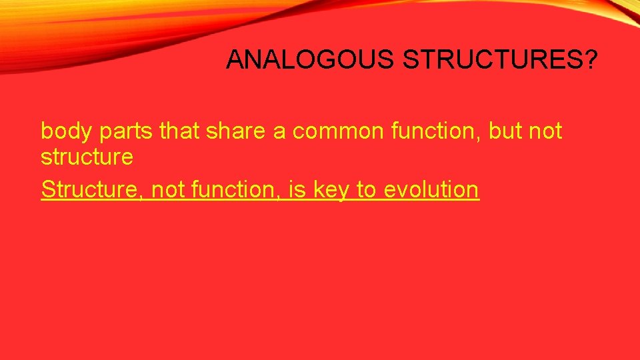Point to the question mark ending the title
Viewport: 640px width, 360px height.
click(x=591, y=60)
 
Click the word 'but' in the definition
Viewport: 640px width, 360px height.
click(x=506, y=131)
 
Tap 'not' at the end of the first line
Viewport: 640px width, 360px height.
click(x=546, y=131)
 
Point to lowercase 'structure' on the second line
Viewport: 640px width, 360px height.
click(x=87, y=158)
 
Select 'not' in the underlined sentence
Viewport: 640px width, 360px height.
click(x=168, y=190)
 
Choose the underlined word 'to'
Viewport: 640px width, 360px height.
click(x=366, y=190)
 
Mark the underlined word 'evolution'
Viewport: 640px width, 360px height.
click(x=431, y=190)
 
